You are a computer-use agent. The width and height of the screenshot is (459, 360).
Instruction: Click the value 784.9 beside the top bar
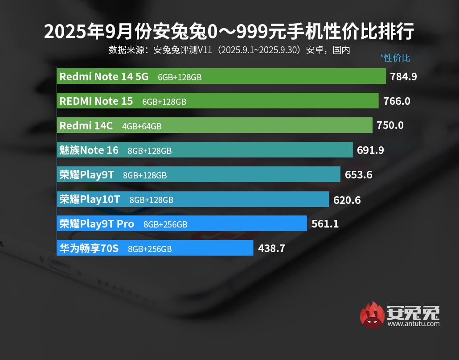point(403,77)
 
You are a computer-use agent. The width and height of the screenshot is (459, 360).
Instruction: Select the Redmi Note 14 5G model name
point(104,77)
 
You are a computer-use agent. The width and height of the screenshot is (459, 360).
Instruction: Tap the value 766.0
point(397,101)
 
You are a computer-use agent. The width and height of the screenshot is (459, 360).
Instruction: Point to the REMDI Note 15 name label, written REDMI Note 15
point(96,101)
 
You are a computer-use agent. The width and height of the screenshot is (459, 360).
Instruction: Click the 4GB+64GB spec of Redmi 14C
point(142,126)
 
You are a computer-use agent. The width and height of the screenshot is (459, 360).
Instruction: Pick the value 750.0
point(390,126)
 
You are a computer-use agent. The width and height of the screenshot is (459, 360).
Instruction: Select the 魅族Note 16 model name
point(89,150)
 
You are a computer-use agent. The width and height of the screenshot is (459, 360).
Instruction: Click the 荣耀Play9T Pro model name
point(97,224)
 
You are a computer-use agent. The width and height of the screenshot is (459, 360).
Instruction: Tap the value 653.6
point(358,175)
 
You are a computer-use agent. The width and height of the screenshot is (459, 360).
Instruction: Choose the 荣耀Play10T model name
point(90,199)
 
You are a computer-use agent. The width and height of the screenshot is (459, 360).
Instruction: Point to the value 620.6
point(347,200)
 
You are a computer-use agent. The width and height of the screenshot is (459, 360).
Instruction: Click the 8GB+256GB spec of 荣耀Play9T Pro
point(165,224)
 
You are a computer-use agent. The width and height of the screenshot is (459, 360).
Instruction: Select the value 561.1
point(325,224)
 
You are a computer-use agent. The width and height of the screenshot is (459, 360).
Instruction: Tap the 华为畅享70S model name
point(89,248)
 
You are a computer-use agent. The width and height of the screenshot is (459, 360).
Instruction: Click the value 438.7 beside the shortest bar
point(271,248)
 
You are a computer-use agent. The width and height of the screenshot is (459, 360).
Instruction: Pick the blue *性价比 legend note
point(395,58)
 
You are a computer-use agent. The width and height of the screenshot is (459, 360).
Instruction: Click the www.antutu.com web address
point(413,324)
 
